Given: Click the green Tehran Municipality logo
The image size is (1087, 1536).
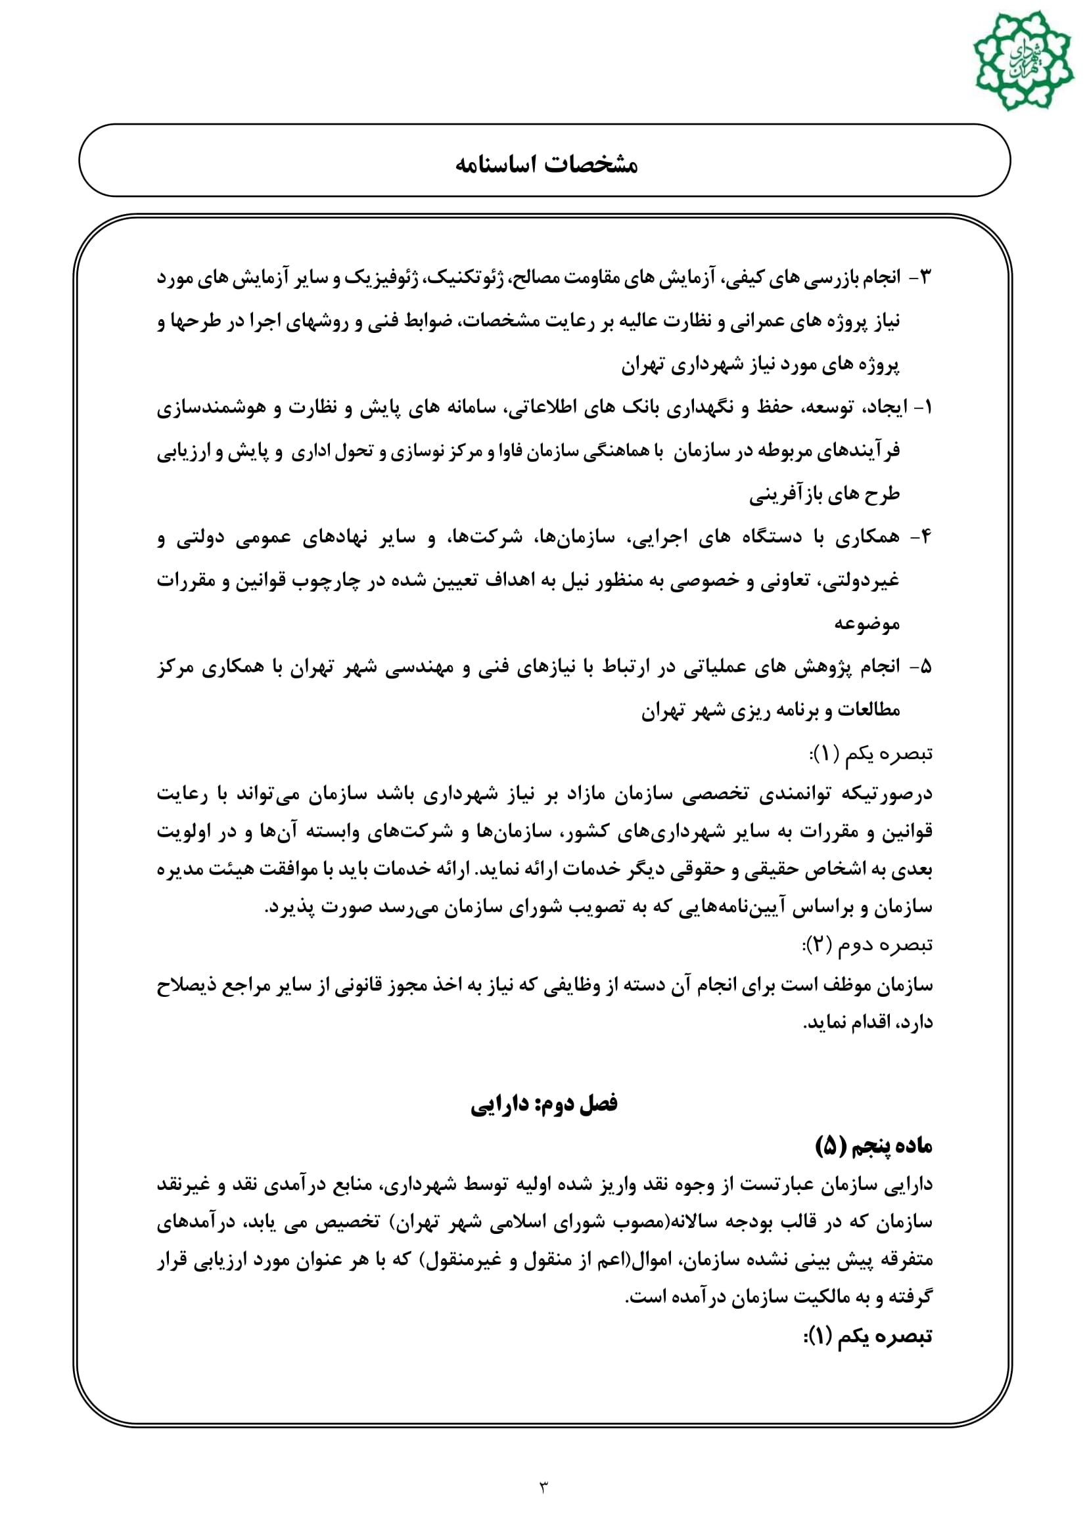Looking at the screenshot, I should pyautogui.click(x=1023, y=61).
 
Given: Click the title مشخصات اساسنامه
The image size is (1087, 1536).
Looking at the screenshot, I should pyautogui.click(x=546, y=164).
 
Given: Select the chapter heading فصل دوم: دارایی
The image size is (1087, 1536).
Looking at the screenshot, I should pyautogui.click(x=543, y=1105).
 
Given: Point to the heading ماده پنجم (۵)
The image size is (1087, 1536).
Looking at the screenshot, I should pyautogui.click(x=873, y=1146).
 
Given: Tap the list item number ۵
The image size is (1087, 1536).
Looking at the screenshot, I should pyautogui.click(x=925, y=667).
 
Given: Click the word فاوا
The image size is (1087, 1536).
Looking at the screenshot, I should pyautogui.click(x=513, y=452).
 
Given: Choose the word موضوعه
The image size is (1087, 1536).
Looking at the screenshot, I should pyautogui.click(x=866, y=623).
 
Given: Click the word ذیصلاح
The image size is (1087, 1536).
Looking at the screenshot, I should pyautogui.click(x=185, y=986).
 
